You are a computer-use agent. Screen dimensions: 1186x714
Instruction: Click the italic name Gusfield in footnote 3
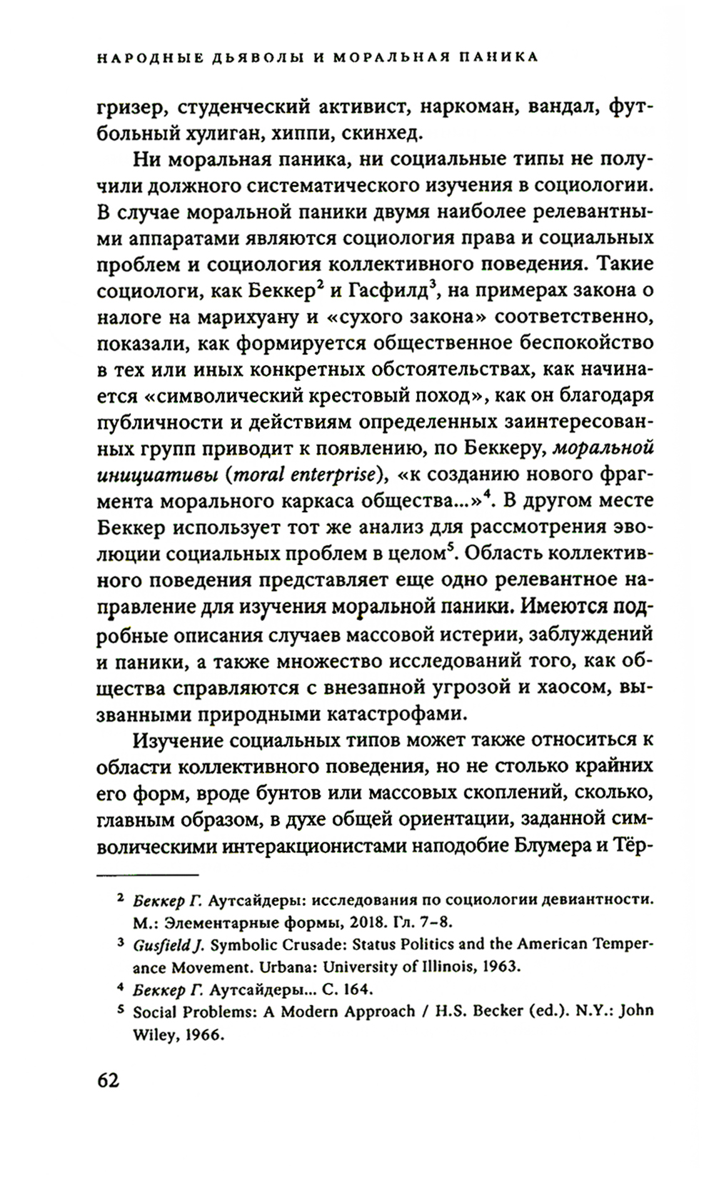164,944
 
